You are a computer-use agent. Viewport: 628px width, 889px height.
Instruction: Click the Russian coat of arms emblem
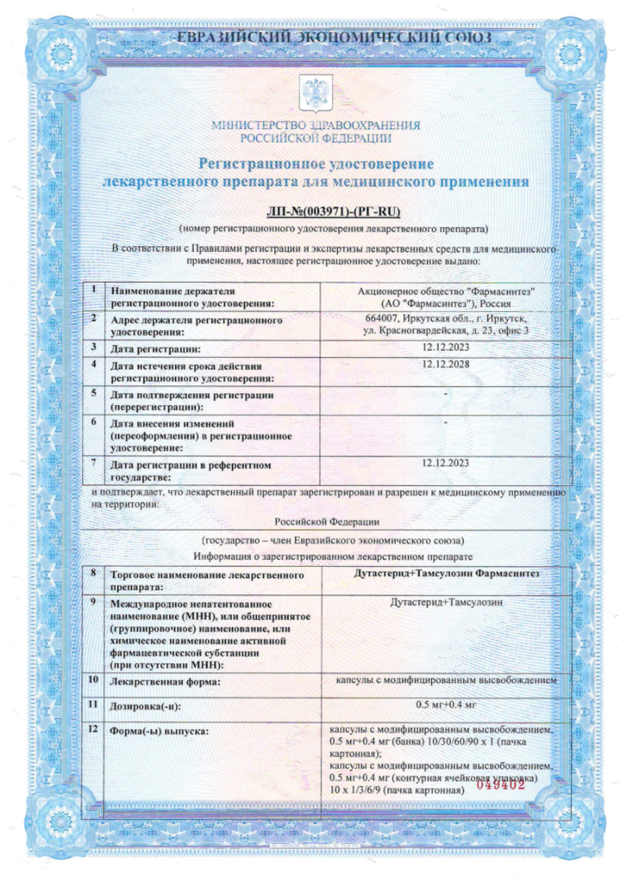click(315, 91)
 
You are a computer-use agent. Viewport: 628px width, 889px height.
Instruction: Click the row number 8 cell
click(93, 573)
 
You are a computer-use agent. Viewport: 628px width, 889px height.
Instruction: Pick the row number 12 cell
click(93, 730)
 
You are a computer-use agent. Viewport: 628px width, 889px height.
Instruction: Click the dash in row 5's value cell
click(445, 393)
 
